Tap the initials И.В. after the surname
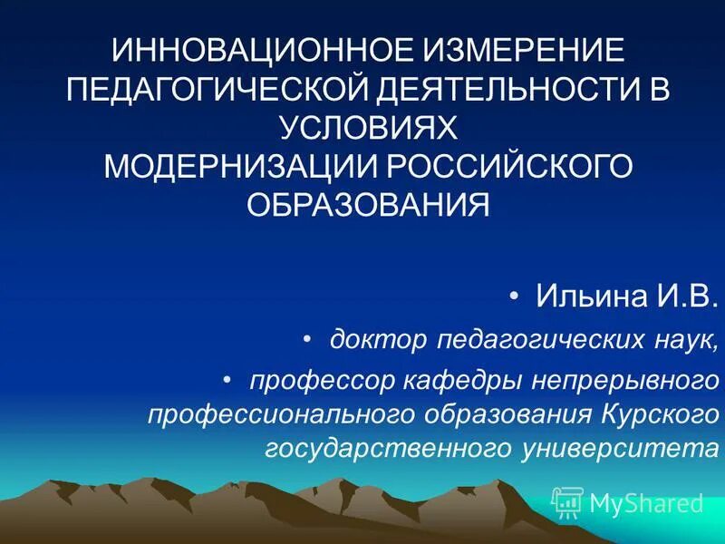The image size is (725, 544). click(x=682, y=296)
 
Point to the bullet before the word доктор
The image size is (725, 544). click(x=307, y=339)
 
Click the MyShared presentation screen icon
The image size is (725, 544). click(x=566, y=502)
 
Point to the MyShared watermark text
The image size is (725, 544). click(x=646, y=503)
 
